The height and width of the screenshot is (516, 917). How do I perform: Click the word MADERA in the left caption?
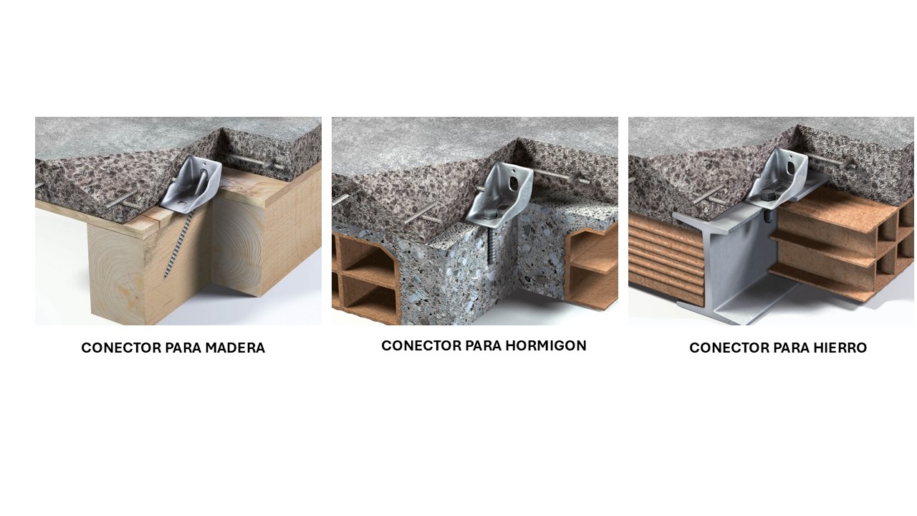pos(235,348)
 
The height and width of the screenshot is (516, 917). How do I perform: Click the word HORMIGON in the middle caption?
pos(546,345)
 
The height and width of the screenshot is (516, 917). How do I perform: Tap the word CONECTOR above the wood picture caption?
pos(121,348)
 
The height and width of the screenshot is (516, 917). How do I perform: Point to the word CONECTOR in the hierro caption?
pos(729,348)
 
